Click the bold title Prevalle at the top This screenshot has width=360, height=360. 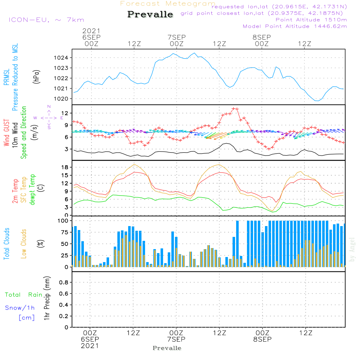click(150, 14)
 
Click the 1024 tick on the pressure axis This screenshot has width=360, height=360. click(61, 58)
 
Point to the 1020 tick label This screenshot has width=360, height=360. click(61, 99)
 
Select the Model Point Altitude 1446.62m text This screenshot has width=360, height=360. click(295, 26)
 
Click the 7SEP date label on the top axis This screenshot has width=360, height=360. click(176, 37)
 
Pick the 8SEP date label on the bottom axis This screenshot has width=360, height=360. click(262, 339)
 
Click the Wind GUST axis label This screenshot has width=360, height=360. click(6, 133)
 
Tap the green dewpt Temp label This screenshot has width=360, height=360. click(32, 190)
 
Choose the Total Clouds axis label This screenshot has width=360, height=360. click(6, 244)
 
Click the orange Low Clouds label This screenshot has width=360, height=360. click(24, 244)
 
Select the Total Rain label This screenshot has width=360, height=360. click(24, 294)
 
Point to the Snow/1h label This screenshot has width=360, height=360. click(20, 308)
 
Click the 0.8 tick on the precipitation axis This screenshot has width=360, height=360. click(64, 282)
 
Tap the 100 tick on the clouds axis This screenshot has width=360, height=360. click(63, 221)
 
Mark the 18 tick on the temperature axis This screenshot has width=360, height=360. click(65, 167)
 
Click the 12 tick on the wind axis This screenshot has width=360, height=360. click(65, 113)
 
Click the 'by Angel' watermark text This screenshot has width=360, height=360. click(352, 249)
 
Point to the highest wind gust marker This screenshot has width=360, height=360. click(234, 109)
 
